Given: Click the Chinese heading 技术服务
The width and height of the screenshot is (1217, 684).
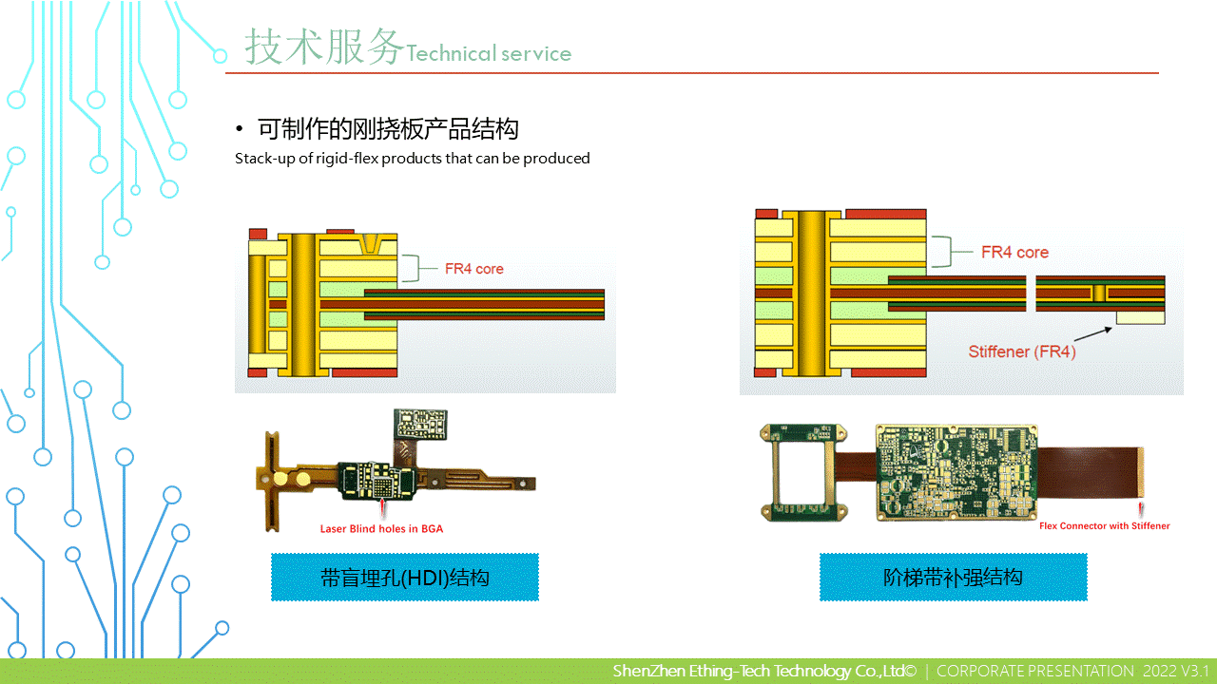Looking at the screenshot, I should (x=324, y=47).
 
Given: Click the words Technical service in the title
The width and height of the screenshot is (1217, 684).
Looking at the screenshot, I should (x=489, y=54).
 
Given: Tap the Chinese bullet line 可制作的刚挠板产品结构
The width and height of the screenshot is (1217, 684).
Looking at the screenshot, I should (x=388, y=129).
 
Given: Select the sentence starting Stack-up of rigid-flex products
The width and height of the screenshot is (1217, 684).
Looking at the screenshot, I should (x=413, y=159).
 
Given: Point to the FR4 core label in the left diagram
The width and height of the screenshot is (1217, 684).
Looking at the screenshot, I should (x=474, y=269).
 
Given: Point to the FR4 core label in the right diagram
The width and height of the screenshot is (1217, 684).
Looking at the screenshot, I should (x=1014, y=253).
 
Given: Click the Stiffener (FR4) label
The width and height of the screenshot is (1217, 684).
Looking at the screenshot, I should (x=1022, y=351).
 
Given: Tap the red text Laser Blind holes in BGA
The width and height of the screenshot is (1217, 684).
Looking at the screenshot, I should (x=381, y=528).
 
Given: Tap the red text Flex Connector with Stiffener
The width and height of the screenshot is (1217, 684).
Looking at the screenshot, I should (x=1104, y=525).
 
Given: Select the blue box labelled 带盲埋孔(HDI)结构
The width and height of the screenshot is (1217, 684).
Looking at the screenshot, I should (x=405, y=578).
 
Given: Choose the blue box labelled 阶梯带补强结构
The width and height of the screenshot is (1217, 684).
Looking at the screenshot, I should (x=953, y=577).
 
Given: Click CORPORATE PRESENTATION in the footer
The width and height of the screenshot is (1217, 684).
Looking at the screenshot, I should (x=1034, y=672).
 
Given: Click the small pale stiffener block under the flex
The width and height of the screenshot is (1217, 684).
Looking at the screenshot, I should (x=1140, y=317).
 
